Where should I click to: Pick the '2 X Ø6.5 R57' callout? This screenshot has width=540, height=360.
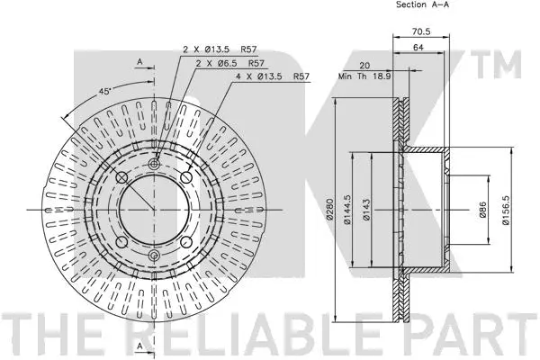click(230, 63)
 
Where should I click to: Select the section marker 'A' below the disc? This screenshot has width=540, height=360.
click(139, 346)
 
